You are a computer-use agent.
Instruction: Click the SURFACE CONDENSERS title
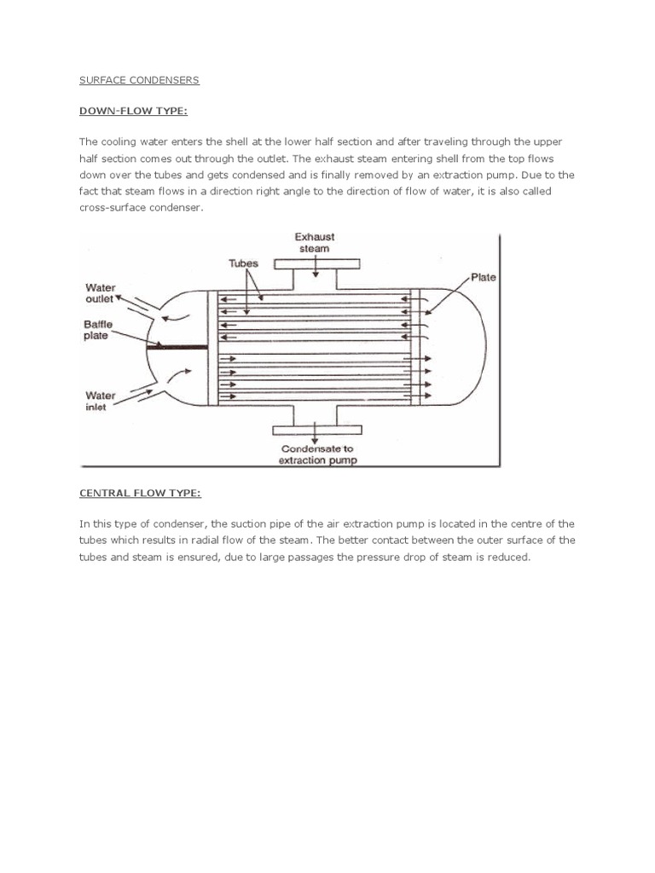pyautogui.click(x=139, y=80)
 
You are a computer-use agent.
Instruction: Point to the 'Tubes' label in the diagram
pyautogui.click(x=243, y=264)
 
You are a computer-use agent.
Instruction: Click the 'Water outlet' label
pyautogui.click(x=101, y=294)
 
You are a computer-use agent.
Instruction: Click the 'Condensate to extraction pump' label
pyautogui.click(x=318, y=454)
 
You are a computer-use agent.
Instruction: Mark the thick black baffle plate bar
pyautogui.click(x=177, y=347)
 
